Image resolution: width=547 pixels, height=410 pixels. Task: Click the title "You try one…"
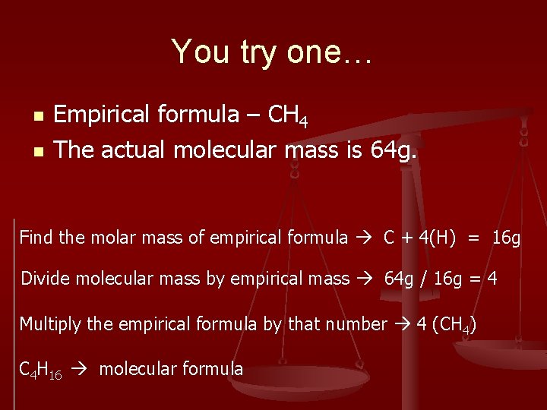coord(273,52)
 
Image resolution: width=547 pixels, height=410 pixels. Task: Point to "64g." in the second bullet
coord(394,150)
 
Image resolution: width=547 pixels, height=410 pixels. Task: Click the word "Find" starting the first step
coord(36,238)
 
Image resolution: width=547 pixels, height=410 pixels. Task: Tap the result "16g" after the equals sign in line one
coord(506,238)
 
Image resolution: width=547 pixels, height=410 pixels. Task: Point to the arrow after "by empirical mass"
coord(366,279)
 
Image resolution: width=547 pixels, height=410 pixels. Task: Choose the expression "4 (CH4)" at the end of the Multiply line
coord(446,325)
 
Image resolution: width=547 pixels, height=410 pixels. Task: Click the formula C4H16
coord(40,371)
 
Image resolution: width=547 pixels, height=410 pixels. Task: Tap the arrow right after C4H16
coord(81,371)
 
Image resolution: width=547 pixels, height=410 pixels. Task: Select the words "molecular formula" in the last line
coord(171,370)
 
